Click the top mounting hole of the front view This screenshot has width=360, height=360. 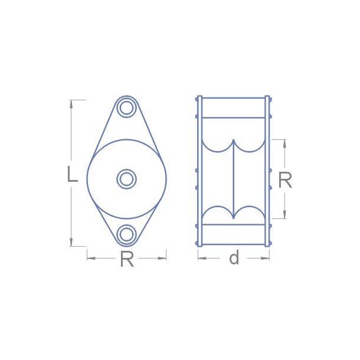tap(126, 108)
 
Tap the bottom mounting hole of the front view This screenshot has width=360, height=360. tap(126, 234)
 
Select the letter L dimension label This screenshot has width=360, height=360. tap(72, 174)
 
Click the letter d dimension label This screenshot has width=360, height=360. tap(234, 258)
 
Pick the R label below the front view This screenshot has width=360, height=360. tap(126, 259)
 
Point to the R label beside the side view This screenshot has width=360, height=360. tap(285, 181)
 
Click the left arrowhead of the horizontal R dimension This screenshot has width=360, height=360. tap(90, 257)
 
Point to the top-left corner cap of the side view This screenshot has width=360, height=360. tap(199, 98)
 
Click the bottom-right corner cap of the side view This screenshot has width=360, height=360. tap(267, 243)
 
